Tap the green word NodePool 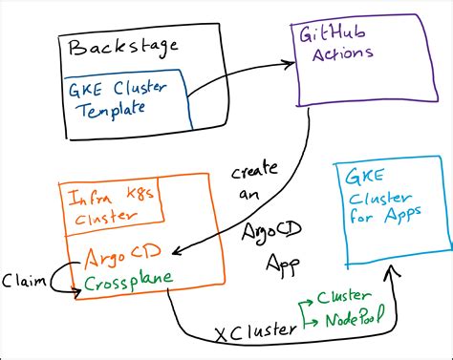(351, 318)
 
